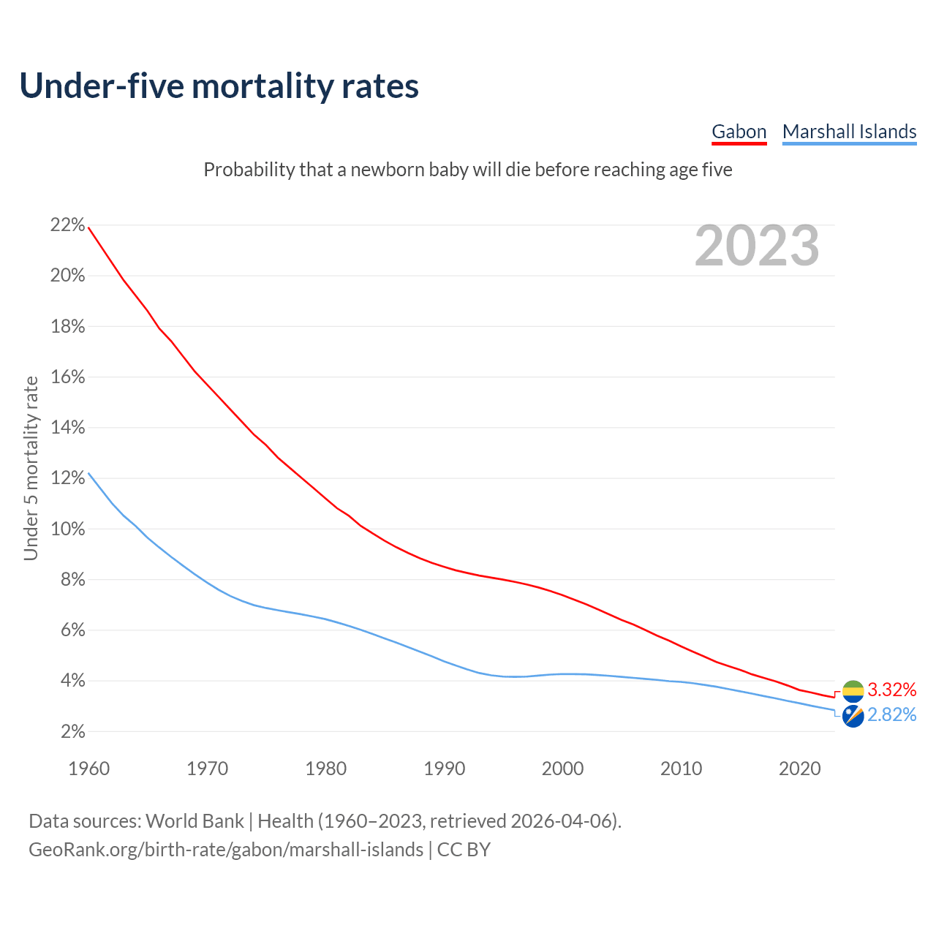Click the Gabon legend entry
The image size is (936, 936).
click(x=739, y=132)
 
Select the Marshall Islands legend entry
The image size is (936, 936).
click(x=849, y=132)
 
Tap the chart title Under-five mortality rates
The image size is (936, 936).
click(x=219, y=86)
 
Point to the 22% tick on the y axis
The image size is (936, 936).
click(x=68, y=225)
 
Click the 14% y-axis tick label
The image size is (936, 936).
click(x=68, y=428)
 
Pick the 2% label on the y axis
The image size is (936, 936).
click(x=72, y=732)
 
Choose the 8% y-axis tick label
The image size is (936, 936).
click(x=72, y=580)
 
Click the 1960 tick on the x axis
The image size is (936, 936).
click(x=88, y=769)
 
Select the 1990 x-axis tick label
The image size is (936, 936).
click(x=445, y=769)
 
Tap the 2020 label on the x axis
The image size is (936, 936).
click(x=800, y=769)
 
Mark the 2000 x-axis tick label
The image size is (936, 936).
click(x=563, y=769)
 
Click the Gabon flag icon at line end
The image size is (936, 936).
click(x=853, y=691)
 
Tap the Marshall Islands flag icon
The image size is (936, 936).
click(x=853, y=716)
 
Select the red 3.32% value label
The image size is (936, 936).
click(x=891, y=690)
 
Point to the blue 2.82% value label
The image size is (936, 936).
click(x=891, y=714)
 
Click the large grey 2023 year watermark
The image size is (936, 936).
click(x=757, y=246)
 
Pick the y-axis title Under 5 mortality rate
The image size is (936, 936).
click(x=31, y=468)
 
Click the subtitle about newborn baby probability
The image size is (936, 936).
click(x=468, y=170)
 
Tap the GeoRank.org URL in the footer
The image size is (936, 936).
click(x=226, y=850)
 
